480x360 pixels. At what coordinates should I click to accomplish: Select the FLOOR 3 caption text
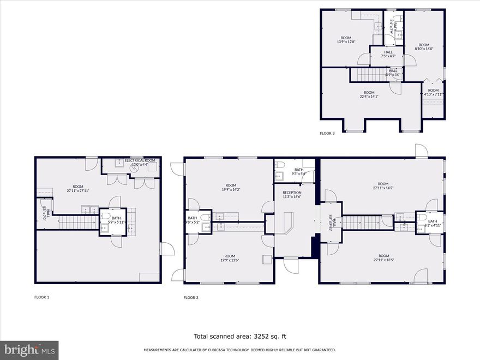pyautogui.click(x=327, y=133)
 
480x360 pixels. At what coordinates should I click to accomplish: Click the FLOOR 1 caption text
pyautogui.click(x=41, y=297)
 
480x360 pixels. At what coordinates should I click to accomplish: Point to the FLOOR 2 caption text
pyautogui.click(x=191, y=297)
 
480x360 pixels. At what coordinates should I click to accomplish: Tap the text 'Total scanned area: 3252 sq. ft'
pyautogui.click(x=239, y=336)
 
